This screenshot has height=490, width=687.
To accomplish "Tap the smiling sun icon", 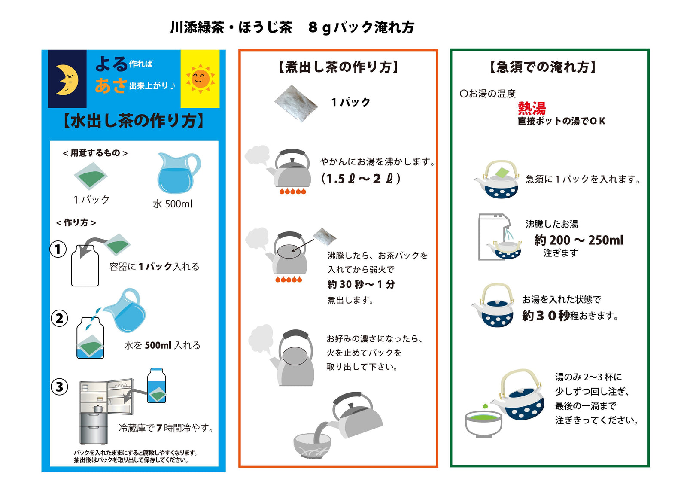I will coord(200,79).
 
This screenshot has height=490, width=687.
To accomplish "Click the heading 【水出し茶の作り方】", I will coord(134,121).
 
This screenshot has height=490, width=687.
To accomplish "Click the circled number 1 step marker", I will coord(58,249).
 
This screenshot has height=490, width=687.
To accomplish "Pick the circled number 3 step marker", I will coord(60,387).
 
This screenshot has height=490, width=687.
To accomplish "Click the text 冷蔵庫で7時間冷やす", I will coord(166,428).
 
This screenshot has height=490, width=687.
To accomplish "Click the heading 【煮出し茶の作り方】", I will coord(338,67).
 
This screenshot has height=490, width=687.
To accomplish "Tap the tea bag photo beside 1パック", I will coord(296,103).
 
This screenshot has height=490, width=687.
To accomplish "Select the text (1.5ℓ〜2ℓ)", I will coord(361,179).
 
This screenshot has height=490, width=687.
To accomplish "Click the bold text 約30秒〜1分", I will coord(361,284).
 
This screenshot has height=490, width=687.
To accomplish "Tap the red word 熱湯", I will coord(532,108).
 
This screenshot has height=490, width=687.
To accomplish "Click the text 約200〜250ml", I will coord(578,240).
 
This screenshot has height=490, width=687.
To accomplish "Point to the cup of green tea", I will coord(483,423).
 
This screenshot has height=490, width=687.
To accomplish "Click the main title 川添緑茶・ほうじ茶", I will coord(231,27).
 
